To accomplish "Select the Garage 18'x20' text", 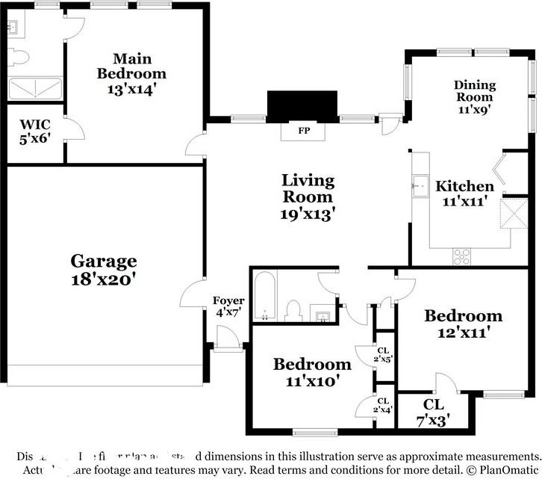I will [104, 270].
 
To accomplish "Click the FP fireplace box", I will [304, 131].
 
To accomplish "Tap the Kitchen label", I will [464, 186].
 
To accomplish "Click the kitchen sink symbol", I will [420, 185].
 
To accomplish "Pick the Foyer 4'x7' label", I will [228, 306].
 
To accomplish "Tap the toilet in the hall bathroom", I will [293, 310].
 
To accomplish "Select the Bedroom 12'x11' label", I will [463, 324].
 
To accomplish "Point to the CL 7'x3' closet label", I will [434, 412].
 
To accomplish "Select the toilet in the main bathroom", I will [18, 57].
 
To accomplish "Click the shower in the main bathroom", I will [34, 89].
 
